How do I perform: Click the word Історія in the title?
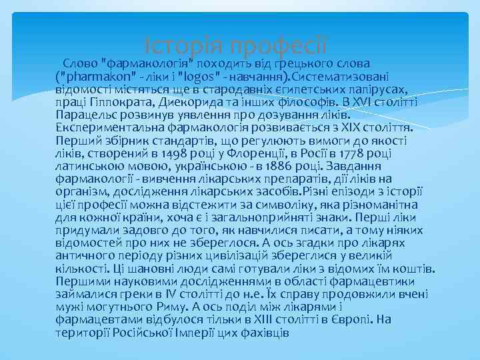click(x=183, y=47)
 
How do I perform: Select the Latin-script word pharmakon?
click(x=99, y=77)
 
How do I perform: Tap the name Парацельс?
click(x=85, y=115)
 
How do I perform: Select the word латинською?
click(x=87, y=166)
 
